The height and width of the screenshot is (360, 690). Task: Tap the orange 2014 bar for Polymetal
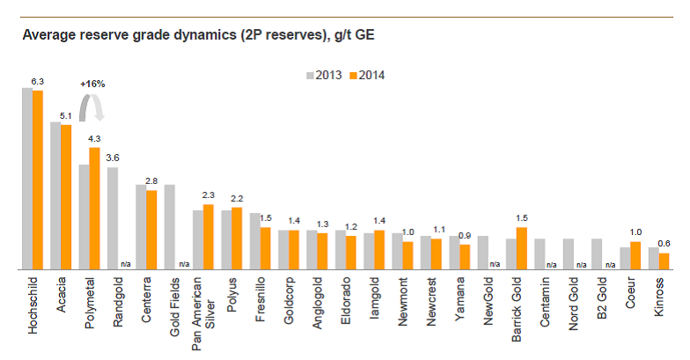[95, 208]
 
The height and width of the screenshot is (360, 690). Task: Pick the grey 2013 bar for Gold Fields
[170, 227]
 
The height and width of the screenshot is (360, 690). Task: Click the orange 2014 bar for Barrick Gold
[522, 248]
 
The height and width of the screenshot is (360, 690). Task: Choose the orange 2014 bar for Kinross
[664, 261]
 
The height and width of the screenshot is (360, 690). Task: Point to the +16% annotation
[92, 84]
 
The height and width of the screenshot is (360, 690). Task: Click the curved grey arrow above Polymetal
[92, 107]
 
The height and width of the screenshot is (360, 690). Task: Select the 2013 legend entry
[325, 75]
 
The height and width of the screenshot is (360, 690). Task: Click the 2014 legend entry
[368, 75]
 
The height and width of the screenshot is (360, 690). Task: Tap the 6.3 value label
[37, 81]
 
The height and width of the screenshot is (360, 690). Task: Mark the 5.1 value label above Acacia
[65, 115]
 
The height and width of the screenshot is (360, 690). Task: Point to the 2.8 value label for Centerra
[150, 181]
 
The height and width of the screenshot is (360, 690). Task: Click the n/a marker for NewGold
[494, 264]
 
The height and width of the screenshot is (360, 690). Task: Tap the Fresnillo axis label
[261, 300]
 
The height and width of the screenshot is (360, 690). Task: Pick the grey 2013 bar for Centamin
[540, 253]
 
